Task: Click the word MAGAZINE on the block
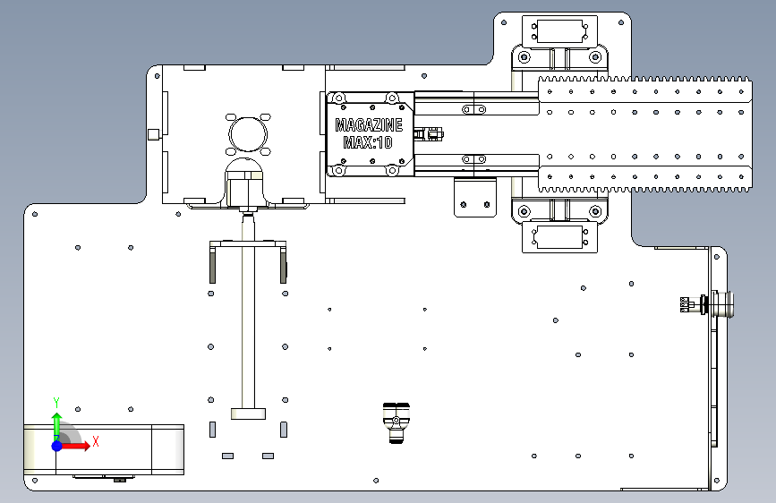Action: [x=369, y=124]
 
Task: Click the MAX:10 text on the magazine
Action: [x=368, y=142]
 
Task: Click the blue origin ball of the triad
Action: [x=57, y=446]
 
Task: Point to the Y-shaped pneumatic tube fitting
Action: [x=396, y=422]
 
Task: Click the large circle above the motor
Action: [x=248, y=134]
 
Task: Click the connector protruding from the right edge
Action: [x=708, y=304]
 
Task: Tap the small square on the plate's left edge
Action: [x=153, y=134]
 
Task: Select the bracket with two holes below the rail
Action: [x=475, y=198]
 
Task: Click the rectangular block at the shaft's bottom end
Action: [x=248, y=413]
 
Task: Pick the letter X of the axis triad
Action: [x=96, y=441]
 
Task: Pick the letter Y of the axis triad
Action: [x=56, y=403]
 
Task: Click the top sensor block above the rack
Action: [x=559, y=31]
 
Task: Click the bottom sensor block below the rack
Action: [x=559, y=237]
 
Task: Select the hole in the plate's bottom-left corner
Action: [x=35, y=481]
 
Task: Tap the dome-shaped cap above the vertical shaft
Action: [x=243, y=166]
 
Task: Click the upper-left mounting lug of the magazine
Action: [x=338, y=98]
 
